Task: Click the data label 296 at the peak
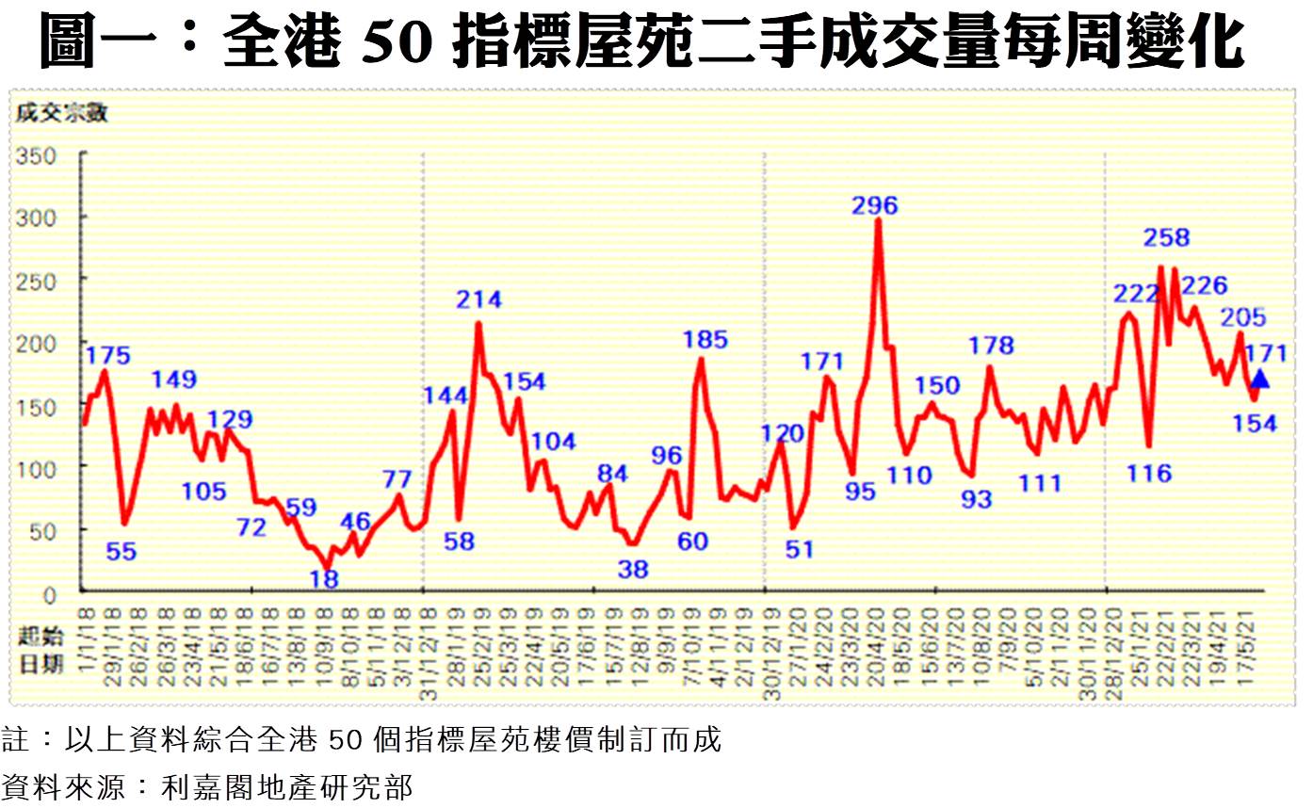pyautogui.click(x=875, y=205)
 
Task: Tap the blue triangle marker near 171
pyautogui.click(x=1259, y=379)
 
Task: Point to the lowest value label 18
pyautogui.click(x=324, y=578)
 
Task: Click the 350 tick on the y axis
pyautogui.click(x=36, y=154)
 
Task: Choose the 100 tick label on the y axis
pyautogui.click(x=36, y=467)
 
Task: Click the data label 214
pyautogui.click(x=478, y=300)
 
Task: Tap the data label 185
pyautogui.click(x=705, y=339)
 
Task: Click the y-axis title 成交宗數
pyautogui.click(x=61, y=116)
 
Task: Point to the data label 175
pyautogui.click(x=107, y=356)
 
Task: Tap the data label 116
pyautogui.click(x=1149, y=473)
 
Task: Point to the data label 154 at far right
pyautogui.click(x=1256, y=424)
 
